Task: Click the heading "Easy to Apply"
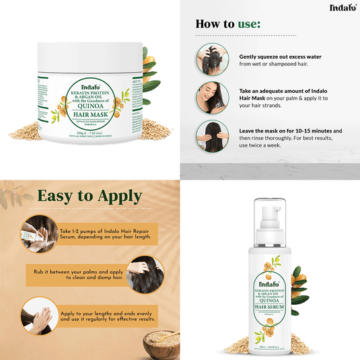(89, 197)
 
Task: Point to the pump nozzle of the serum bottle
(272, 206)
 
